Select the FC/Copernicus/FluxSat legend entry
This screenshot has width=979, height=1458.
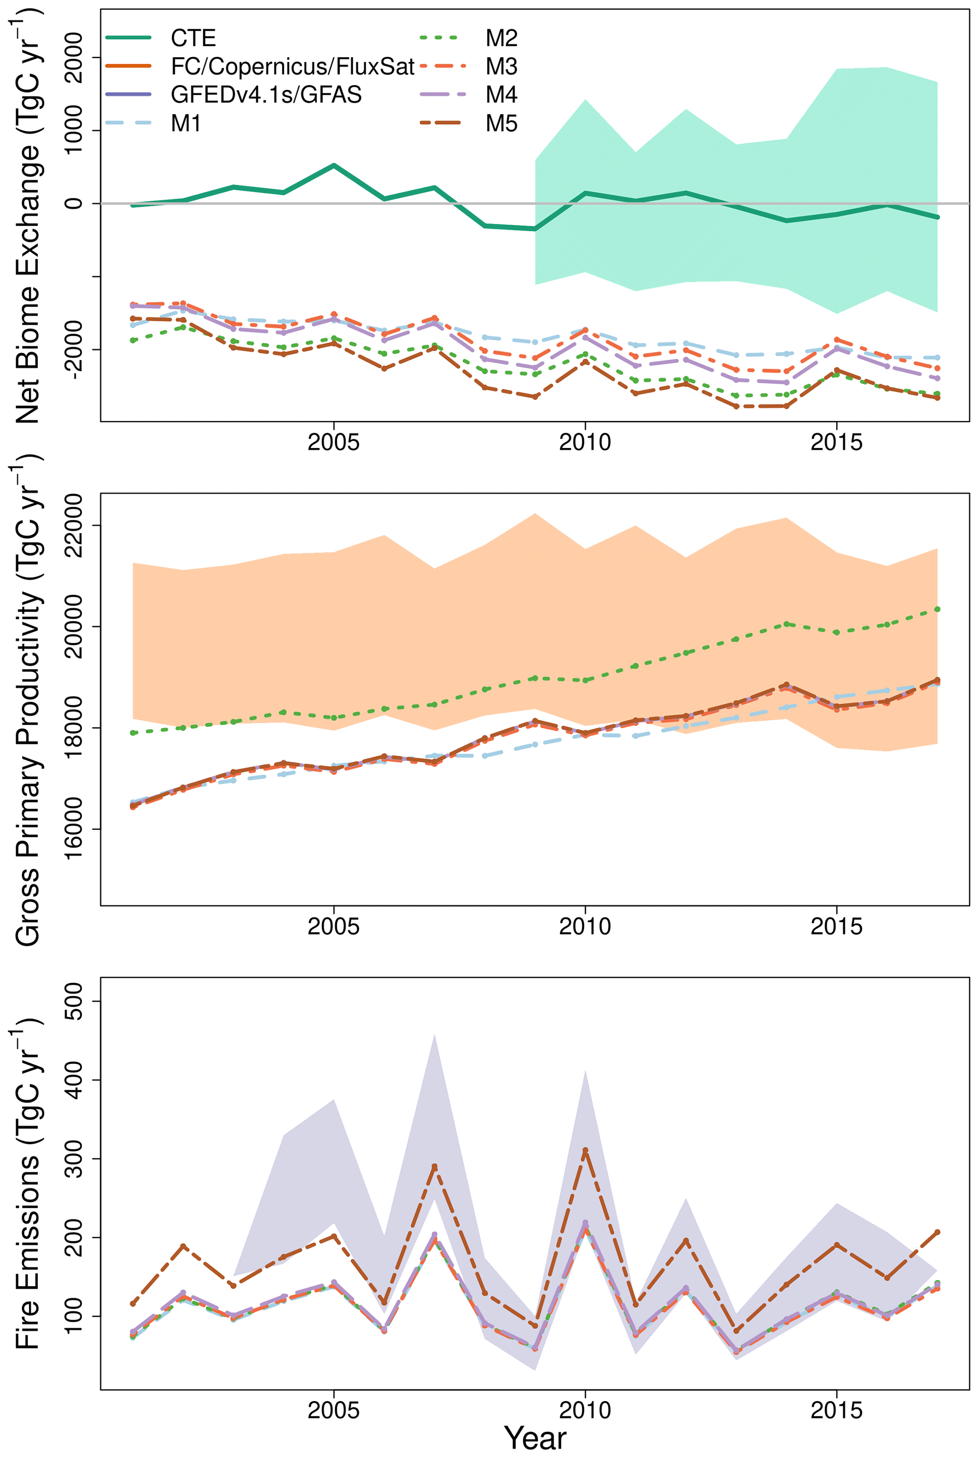click(292, 67)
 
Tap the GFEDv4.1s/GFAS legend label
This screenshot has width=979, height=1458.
click(266, 95)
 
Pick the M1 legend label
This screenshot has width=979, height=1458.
click(186, 124)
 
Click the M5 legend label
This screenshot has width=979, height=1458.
click(502, 124)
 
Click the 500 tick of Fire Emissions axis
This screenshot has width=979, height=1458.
click(74, 1001)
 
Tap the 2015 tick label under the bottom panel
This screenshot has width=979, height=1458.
click(836, 1410)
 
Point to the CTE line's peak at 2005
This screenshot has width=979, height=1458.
click(334, 165)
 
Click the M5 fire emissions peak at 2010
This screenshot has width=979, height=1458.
click(585, 1150)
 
